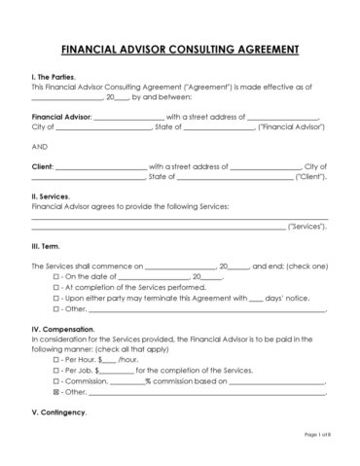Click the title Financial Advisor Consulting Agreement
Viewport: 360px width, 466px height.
[x=180, y=48]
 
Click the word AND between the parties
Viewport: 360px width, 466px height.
[x=40, y=145]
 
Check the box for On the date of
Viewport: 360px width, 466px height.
[x=54, y=277]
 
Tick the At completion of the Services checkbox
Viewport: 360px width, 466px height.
[x=54, y=288]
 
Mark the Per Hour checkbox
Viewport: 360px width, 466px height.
[x=54, y=359]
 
